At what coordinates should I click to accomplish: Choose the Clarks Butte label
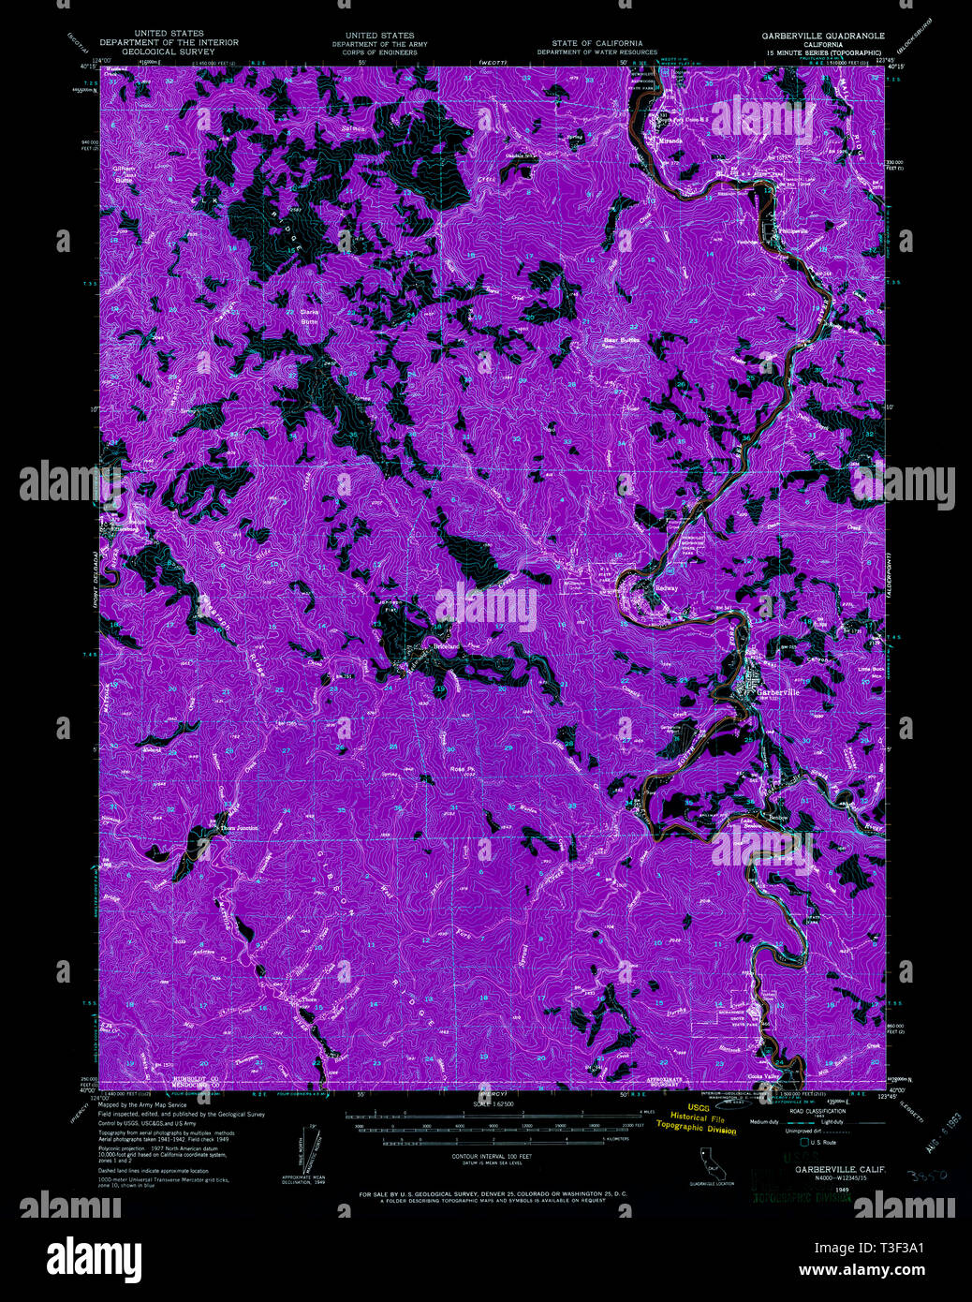310,317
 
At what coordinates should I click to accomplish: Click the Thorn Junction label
238,828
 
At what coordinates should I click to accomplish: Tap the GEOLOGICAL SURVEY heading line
169,52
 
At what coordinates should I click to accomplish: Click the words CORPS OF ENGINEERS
379,52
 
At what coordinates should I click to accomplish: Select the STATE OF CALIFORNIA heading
597,43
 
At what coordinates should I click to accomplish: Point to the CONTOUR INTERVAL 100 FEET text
485,1158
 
